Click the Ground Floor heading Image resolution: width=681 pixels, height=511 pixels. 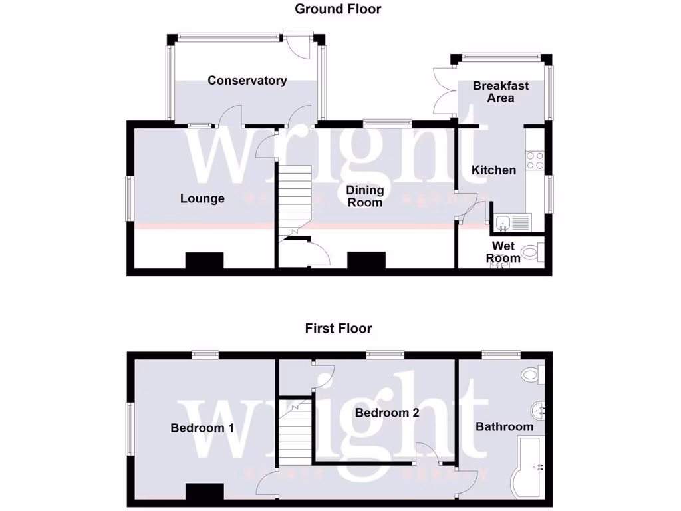click(x=338, y=9)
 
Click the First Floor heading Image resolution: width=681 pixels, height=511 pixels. click(x=339, y=328)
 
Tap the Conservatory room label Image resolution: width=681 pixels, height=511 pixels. click(x=247, y=81)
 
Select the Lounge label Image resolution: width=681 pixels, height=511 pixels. click(x=202, y=198)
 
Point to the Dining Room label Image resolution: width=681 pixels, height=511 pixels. click(x=364, y=196)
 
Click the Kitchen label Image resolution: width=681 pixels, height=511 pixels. click(x=493, y=170)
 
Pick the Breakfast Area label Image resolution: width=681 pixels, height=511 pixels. click(x=501, y=92)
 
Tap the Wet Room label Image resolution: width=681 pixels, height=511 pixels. click(x=503, y=252)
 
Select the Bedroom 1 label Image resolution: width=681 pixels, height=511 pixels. click(x=202, y=428)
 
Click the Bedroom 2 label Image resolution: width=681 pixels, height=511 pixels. click(x=387, y=413)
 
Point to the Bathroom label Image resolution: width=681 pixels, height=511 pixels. click(x=504, y=426)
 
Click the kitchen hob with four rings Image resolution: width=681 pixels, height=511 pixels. click(x=535, y=160)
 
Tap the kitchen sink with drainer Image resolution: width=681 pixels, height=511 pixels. click(x=512, y=221)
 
